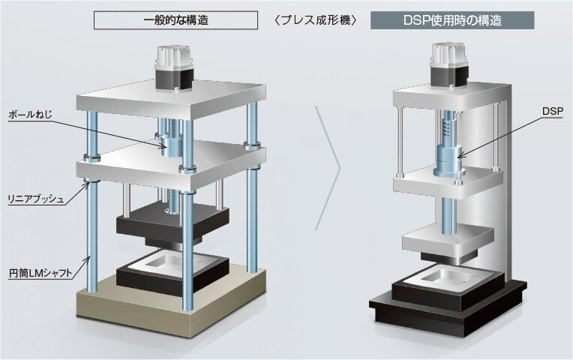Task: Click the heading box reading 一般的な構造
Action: point(175,20)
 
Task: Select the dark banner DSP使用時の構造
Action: point(452,20)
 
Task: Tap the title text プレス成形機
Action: point(315,20)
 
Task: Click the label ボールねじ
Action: point(30,115)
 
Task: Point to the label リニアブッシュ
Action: point(36,199)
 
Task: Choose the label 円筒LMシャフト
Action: point(40,274)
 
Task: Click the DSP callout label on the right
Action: point(553,112)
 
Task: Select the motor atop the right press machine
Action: point(449,66)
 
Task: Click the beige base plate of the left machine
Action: point(171,302)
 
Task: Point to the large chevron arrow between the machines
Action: point(328,169)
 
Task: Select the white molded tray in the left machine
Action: point(172,264)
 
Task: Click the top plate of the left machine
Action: point(171,100)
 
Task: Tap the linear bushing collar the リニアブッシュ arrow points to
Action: point(92,181)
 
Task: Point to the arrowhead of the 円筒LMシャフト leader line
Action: point(88,259)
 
